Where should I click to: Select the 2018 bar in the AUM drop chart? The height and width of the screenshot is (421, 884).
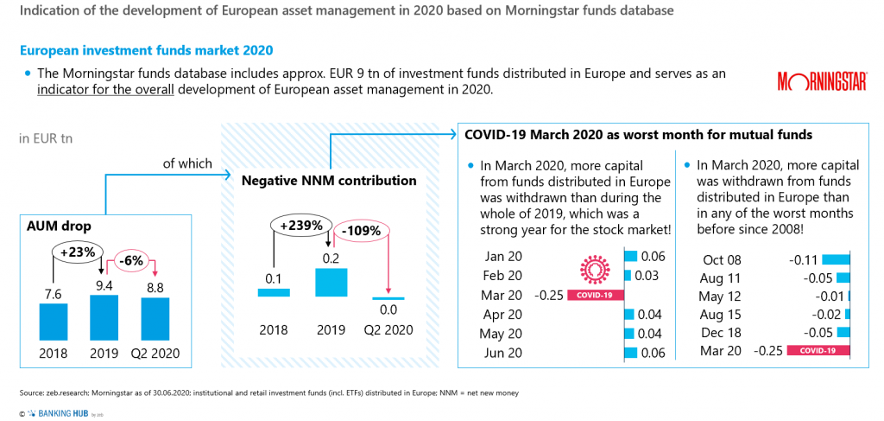[53, 321]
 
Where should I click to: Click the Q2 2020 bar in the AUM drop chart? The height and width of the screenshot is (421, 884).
[155, 318]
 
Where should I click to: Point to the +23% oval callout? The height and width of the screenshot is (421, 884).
[78, 252]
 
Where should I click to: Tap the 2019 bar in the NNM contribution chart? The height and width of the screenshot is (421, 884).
[331, 283]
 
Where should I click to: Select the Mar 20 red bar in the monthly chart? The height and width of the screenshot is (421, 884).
[595, 296]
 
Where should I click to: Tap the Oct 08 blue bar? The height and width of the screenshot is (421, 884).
[837, 258]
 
